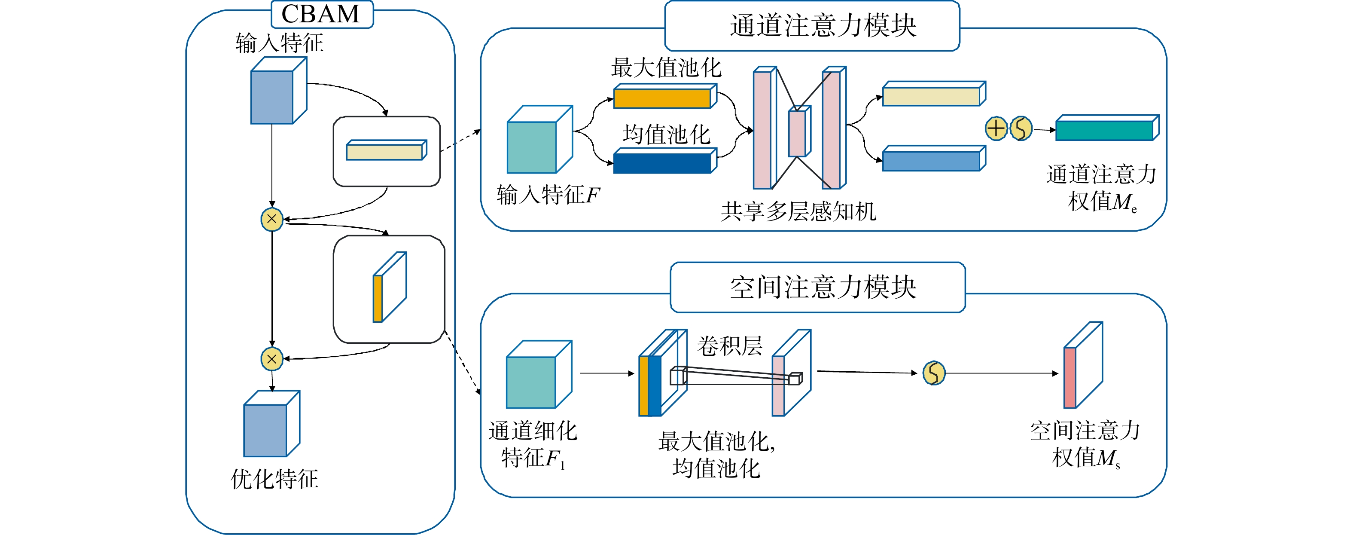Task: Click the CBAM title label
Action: point(321,14)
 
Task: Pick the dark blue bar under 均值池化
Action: point(662,163)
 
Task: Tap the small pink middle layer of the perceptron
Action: point(797,134)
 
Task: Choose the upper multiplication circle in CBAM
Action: point(272,219)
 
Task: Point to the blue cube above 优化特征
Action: point(266,430)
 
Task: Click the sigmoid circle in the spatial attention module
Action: point(934,373)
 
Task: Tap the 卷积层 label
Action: point(730,346)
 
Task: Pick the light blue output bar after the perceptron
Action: point(931,161)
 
